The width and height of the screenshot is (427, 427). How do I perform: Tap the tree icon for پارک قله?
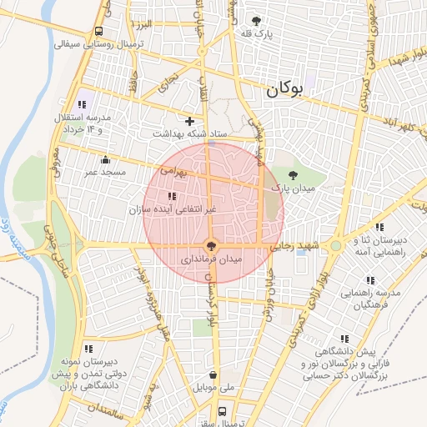256,21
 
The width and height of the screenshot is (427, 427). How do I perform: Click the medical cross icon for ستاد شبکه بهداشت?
189,122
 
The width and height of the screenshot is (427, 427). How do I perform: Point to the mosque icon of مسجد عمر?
105,160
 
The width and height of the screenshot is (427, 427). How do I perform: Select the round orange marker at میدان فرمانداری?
211,246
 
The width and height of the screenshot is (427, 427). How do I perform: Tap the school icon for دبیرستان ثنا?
379,226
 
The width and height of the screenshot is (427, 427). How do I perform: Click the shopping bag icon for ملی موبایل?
215,375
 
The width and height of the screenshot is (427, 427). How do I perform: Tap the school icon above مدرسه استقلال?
82,104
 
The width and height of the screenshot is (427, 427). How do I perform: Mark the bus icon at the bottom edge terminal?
222,411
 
